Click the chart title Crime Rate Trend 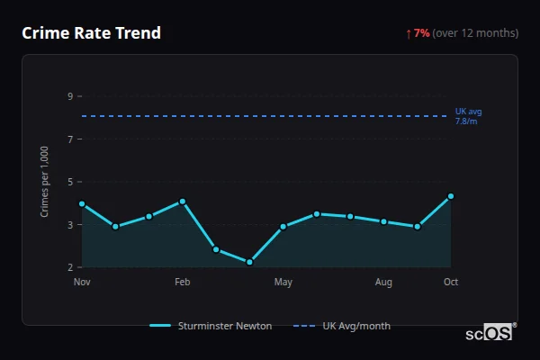91,33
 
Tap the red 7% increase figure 421,33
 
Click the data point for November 82,203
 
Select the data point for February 183,202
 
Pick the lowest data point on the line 249,262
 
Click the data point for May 283,227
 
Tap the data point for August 384,221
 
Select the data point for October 451,196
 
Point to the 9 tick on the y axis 69,96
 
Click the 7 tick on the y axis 69,139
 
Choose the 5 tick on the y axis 69,182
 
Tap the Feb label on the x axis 183,283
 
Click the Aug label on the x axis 384,283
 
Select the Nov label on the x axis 82,283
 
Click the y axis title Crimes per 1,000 44,182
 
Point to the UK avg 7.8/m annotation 468,116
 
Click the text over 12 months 475,33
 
